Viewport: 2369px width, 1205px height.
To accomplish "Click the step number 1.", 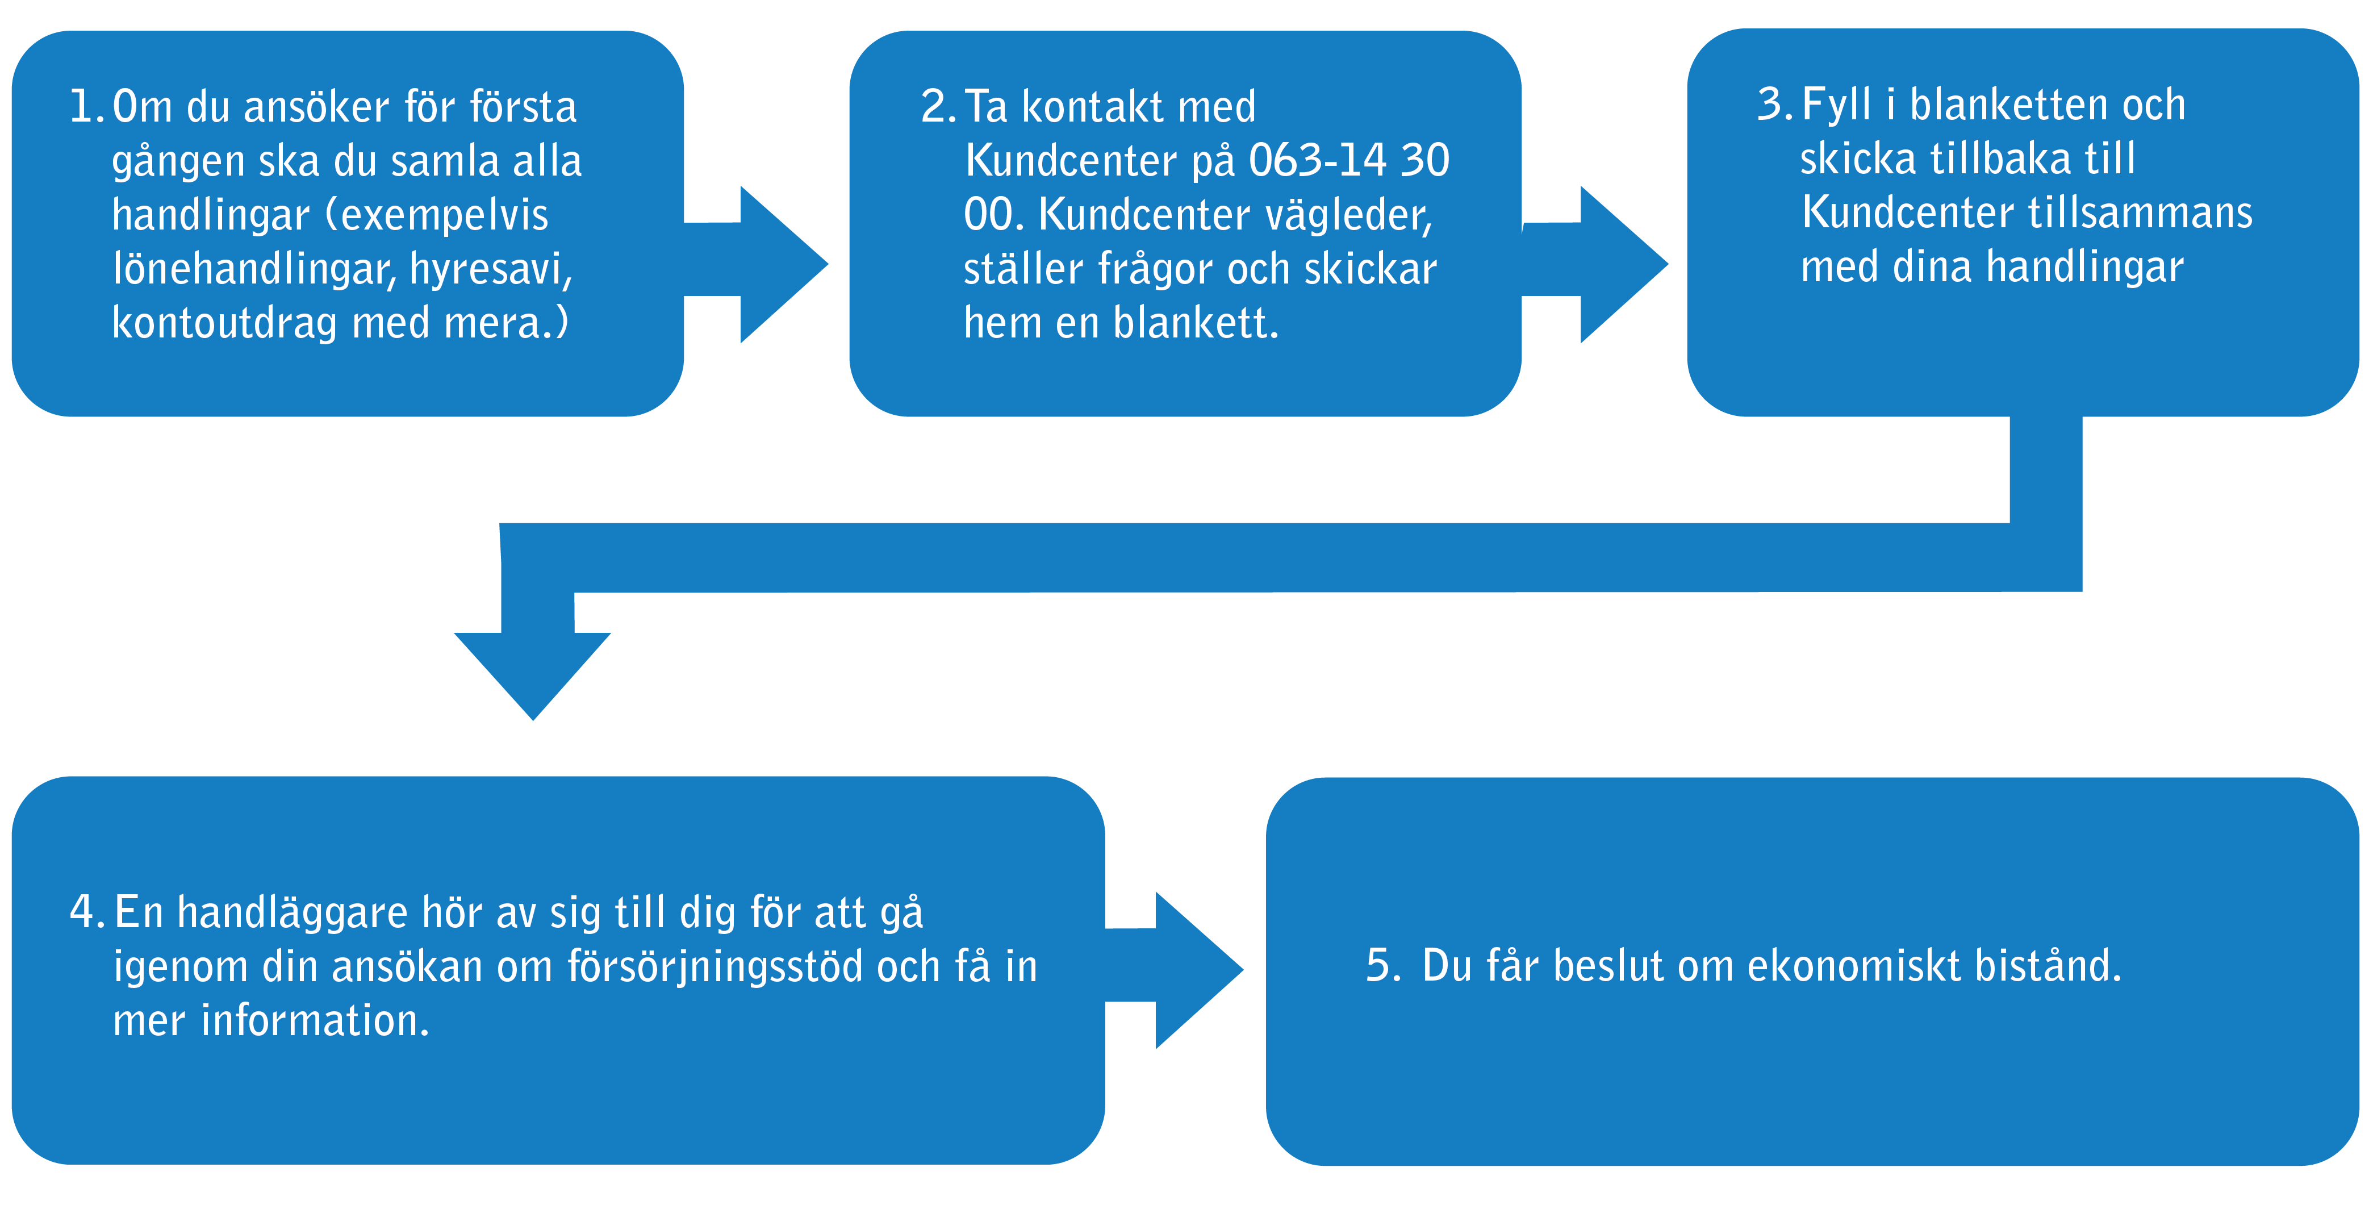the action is (x=87, y=107).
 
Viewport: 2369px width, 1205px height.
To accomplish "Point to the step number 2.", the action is (x=938, y=107).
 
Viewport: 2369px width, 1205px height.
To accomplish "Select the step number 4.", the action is (x=87, y=912).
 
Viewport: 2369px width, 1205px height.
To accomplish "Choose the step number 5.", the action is (x=1383, y=966).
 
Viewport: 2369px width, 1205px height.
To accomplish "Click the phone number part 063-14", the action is (x=1318, y=160).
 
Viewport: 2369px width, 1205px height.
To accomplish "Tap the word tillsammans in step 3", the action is (x=2140, y=212).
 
